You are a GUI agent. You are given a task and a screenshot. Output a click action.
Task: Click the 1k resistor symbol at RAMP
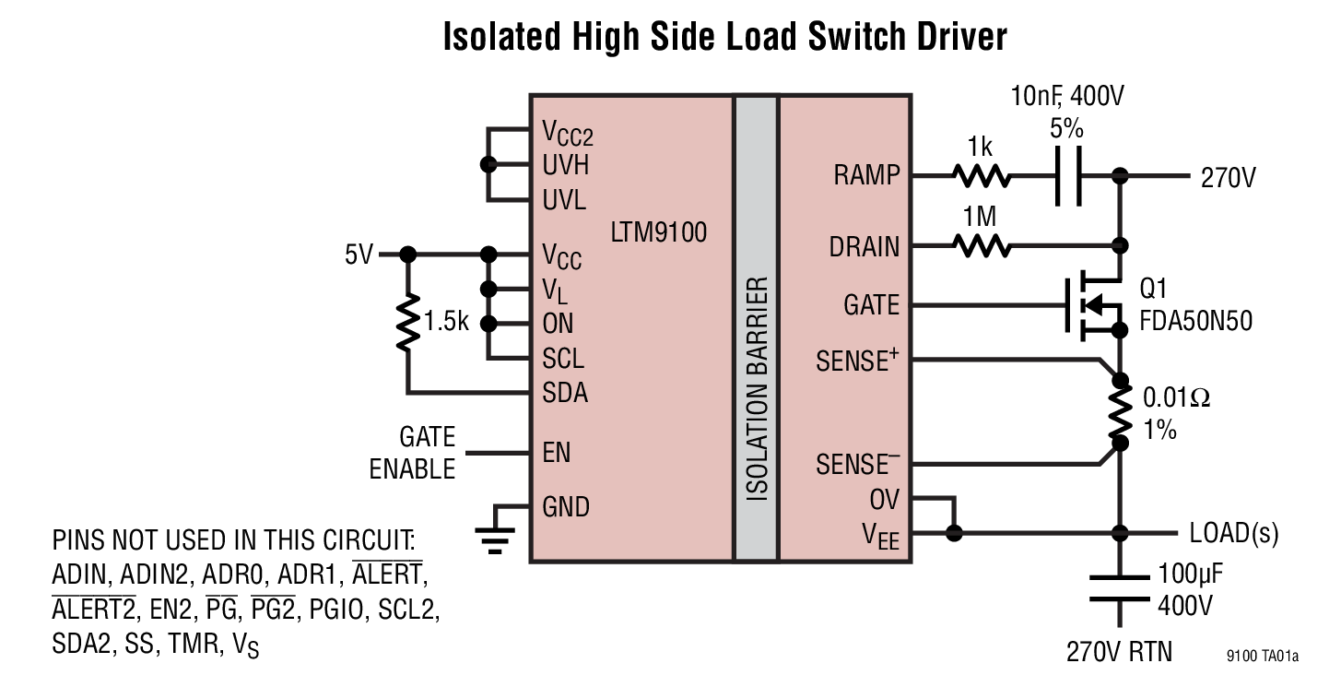pyautogui.click(x=981, y=176)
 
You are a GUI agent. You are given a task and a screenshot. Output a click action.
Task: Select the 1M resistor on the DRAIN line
pyautogui.click(x=981, y=246)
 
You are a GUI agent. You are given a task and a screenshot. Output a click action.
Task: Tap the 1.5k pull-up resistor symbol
pyautogui.click(x=406, y=323)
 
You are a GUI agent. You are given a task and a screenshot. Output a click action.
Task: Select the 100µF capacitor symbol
pyautogui.click(x=1120, y=587)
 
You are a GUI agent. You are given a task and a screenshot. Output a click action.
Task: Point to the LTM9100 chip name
pyautogui.click(x=658, y=231)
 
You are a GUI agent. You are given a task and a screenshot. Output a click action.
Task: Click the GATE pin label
pyautogui.click(x=870, y=305)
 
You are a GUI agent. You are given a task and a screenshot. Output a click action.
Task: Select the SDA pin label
pyautogui.click(x=565, y=394)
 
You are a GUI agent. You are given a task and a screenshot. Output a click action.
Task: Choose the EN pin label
pyautogui.click(x=557, y=453)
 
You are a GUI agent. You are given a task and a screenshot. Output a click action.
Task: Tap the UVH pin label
pyautogui.click(x=565, y=166)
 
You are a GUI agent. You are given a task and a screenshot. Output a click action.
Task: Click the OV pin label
pyautogui.click(x=884, y=500)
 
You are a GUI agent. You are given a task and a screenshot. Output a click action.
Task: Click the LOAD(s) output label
pyautogui.click(x=1233, y=533)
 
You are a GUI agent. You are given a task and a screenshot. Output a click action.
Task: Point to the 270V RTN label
pyautogui.click(x=1119, y=652)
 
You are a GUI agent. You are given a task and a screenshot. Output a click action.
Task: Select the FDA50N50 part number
pyautogui.click(x=1195, y=322)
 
